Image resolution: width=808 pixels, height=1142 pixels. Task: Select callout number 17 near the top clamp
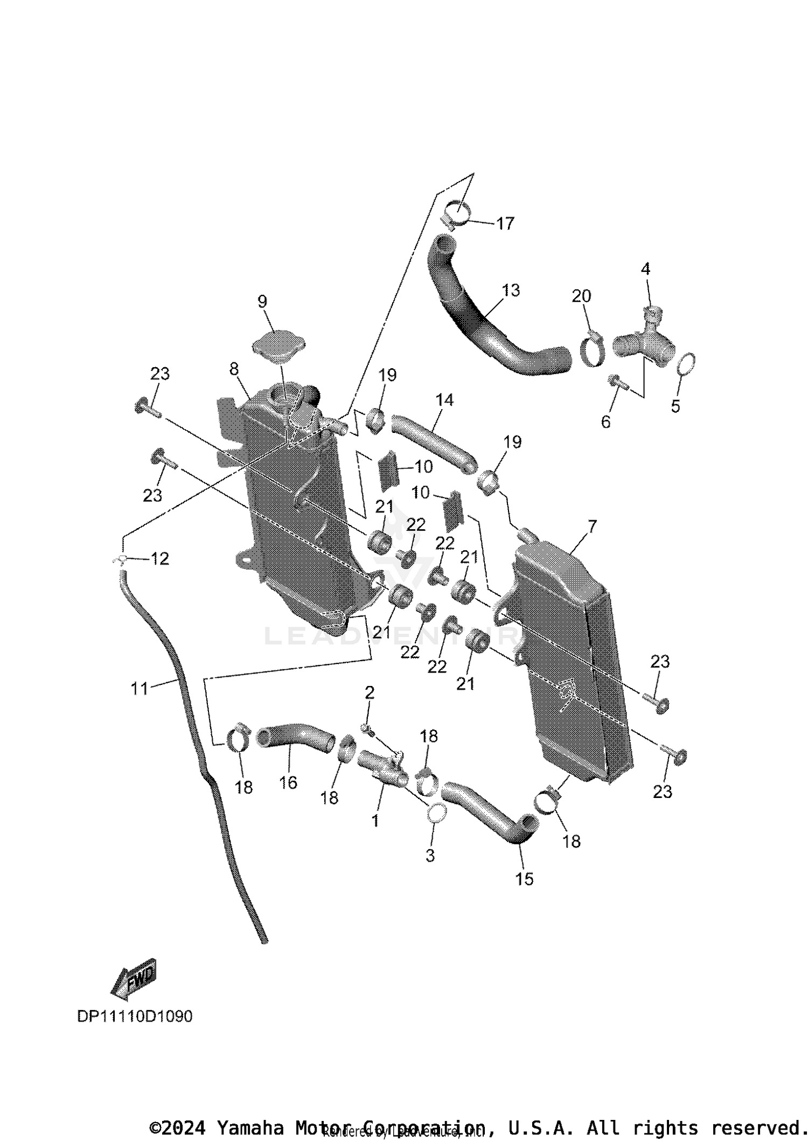[x=505, y=223]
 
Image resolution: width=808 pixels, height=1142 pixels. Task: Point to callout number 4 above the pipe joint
[x=645, y=268]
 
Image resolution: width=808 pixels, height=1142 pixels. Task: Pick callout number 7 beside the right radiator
[x=592, y=526]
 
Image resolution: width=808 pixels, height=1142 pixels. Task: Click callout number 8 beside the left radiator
[x=234, y=369]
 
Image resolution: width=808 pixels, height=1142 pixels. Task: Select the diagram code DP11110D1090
[x=135, y=1016]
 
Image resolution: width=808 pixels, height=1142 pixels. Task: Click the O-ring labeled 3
[x=437, y=813]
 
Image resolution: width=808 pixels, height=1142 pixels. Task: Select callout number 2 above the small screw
[x=370, y=692]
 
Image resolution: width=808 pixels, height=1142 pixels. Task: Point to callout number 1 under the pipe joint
[x=375, y=821]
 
